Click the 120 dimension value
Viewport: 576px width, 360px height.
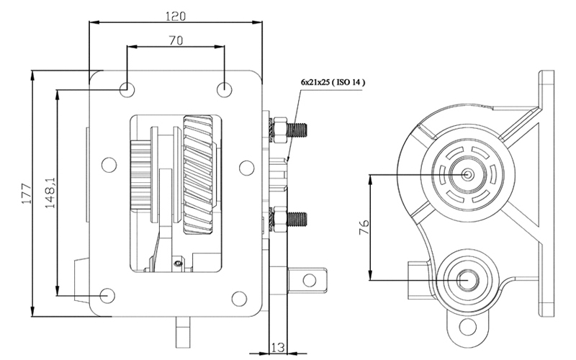click(176, 17)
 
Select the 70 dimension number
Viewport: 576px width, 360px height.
click(176, 40)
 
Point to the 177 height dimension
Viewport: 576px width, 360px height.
click(26, 193)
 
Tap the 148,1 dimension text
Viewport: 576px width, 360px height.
click(50, 193)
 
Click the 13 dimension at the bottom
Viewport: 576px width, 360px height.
click(278, 347)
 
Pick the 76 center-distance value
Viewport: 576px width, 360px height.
click(364, 227)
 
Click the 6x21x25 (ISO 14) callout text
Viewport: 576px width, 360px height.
click(333, 82)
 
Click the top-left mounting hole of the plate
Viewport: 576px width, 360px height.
click(127, 89)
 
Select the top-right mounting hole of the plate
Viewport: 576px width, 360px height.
click(225, 89)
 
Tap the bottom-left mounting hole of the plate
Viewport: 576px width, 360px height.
click(107, 295)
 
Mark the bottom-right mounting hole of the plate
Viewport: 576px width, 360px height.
click(239, 299)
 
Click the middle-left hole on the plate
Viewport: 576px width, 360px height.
click(109, 165)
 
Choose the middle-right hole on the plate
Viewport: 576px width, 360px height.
click(246, 168)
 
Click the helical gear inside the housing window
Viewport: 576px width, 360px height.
click(199, 175)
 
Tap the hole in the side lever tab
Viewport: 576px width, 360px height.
click(310, 280)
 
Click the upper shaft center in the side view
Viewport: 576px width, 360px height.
click(467, 174)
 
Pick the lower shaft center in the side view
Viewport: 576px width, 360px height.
click(468, 280)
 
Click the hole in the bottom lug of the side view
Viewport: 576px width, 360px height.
click(467, 327)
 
